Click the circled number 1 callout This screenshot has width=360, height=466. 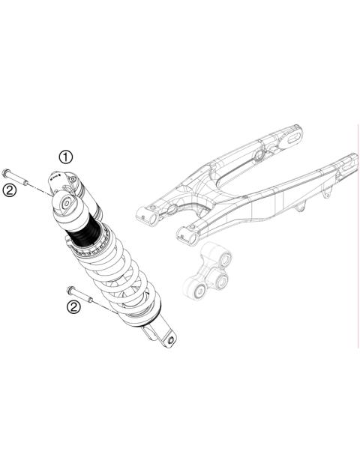67,157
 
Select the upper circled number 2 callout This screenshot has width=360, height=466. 10,190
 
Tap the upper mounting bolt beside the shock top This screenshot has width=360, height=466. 16,178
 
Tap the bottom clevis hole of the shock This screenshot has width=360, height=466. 172,340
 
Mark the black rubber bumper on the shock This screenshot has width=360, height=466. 82,232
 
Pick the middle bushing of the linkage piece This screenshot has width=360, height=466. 221,281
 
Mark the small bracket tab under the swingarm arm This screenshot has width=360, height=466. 325,196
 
